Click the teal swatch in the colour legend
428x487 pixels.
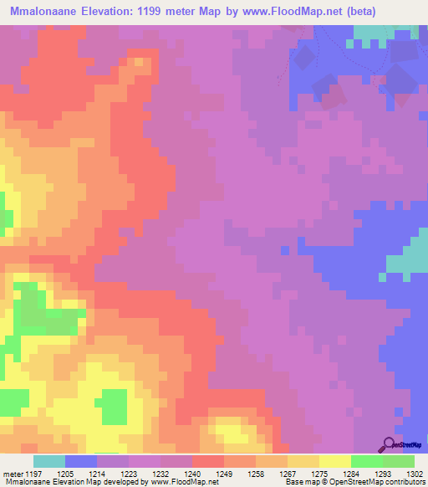click(49, 461)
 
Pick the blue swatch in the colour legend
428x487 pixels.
click(81, 461)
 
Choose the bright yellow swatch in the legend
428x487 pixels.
click(334, 461)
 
